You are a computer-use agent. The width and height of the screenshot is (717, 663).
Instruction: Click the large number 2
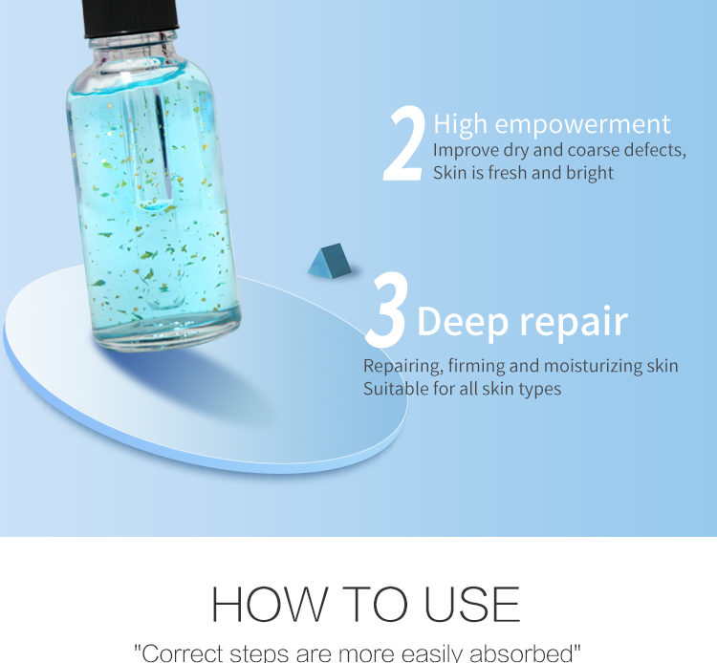coord(403,145)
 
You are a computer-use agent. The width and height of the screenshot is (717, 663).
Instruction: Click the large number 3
coord(386,310)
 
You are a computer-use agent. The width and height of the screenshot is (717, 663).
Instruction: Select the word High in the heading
coord(461,124)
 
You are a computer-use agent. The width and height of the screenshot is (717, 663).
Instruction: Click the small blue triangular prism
coord(329,260)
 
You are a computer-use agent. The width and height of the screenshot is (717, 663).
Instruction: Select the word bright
coord(588,173)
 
